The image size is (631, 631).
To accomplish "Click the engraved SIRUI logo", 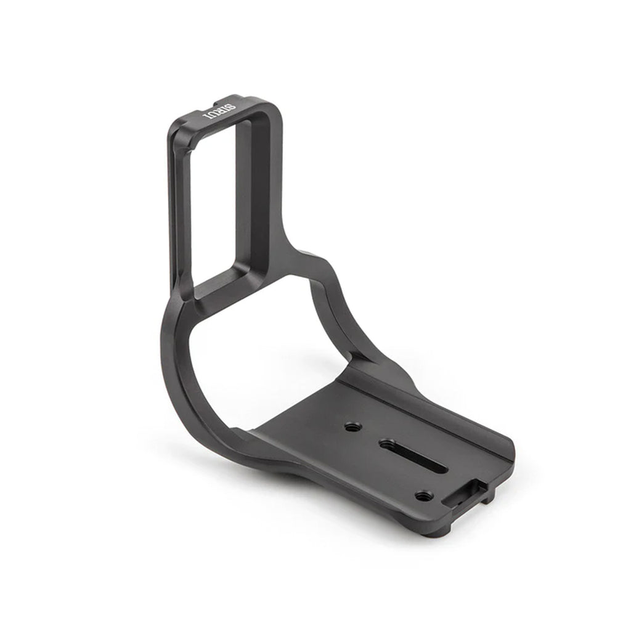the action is point(219,112).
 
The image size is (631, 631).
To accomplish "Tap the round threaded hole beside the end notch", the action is point(421,496).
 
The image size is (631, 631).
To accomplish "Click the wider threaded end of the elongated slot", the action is point(387,444).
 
